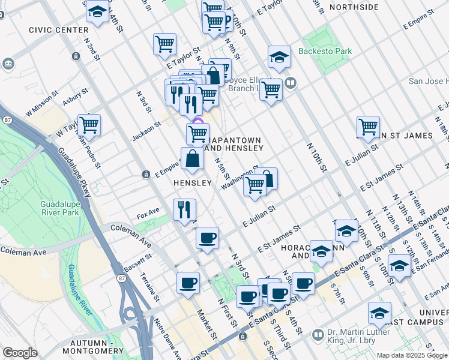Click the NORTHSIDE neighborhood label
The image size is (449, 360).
click(x=354, y=7)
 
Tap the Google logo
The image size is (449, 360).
click(x=20, y=353)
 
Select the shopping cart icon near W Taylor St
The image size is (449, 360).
click(x=89, y=125)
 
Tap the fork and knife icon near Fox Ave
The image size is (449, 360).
click(x=184, y=209)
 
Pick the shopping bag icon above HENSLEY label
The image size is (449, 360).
click(x=193, y=158)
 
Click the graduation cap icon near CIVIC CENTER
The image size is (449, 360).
click(x=97, y=11)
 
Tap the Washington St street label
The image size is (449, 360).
click(x=238, y=178)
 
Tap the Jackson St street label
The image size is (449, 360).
click(x=146, y=131)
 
